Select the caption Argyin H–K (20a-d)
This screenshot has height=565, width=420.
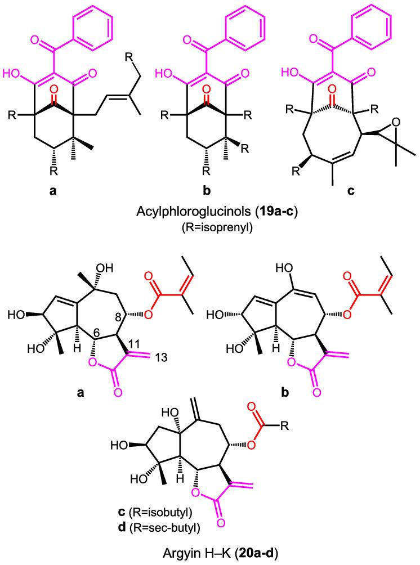click(x=209, y=553)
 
